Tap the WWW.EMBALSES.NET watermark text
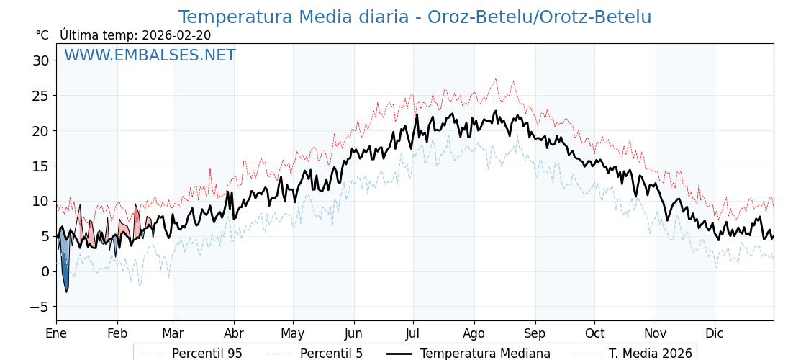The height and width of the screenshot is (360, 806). (x=150, y=55)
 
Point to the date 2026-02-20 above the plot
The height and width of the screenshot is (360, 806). (x=176, y=35)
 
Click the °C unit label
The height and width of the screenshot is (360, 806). (x=42, y=35)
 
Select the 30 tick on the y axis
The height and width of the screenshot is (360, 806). (x=40, y=60)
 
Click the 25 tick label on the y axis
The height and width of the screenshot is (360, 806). (x=40, y=96)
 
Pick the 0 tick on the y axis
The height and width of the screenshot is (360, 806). (x=45, y=271)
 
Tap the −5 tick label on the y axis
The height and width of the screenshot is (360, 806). (x=40, y=307)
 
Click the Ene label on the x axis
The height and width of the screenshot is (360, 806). (x=56, y=333)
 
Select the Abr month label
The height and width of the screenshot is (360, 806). (x=234, y=333)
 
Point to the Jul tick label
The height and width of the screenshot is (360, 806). (x=413, y=333)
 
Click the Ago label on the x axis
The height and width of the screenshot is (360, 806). (x=474, y=333)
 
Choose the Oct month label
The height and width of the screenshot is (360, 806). (x=594, y=333)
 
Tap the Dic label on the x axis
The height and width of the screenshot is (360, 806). (x=715, y=333)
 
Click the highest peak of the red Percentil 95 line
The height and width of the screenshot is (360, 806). (x=495, y=79)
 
